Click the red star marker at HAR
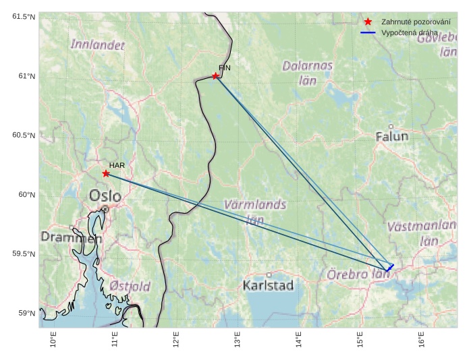[106, 173]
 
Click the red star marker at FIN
[215, 76]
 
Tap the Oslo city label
[105, 196]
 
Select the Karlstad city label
[269, 285]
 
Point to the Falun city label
[391, 136]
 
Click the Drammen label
[71, 237]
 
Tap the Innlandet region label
[98, 45]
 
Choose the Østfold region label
[130, 287]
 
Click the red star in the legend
[368, 22]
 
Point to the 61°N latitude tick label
[25, 76]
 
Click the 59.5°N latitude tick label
[22, 254]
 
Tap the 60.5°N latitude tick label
[22, 136]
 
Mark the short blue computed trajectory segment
[390, 268]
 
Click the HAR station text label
[117, 165]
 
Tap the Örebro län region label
[358, 275]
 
